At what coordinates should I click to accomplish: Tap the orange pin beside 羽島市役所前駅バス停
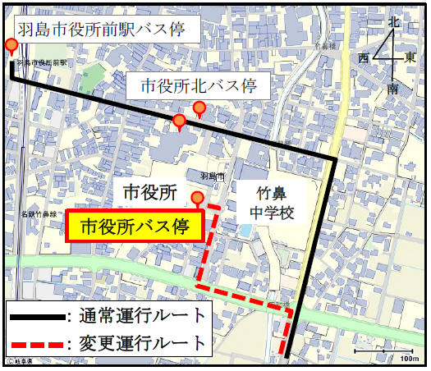tap(11, 46)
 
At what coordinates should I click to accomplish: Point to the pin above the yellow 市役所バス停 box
tap(197, 198)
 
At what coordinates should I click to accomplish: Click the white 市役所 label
tap(149, 193)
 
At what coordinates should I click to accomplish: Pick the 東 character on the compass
tap(410, 58)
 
